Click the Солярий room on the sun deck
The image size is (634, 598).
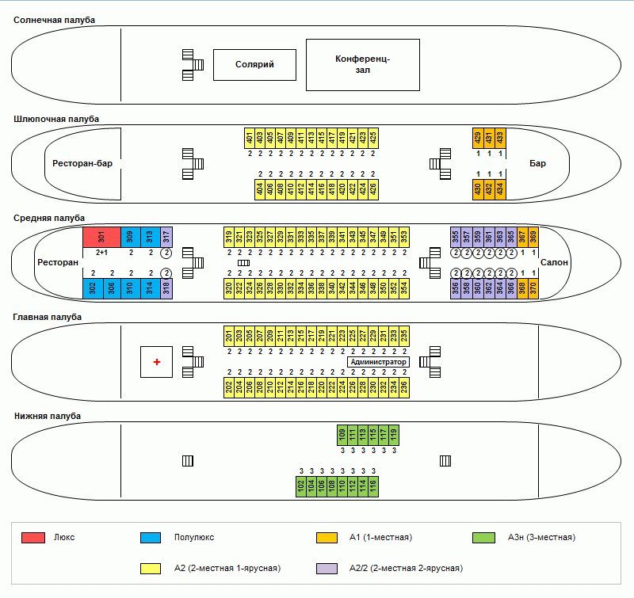(x=254, y=64)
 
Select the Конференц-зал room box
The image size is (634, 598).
(x=362, y=64)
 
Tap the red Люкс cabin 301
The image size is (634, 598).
(x=101, y=237)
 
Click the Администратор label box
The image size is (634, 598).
(x=378, y=362)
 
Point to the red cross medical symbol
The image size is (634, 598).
(x=157, y=362)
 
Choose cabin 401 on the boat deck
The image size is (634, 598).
(x=250, y=138)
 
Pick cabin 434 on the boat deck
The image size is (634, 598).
(x=499, y=189)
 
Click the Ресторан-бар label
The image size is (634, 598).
(x=82, y=164)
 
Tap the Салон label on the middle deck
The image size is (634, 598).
(x=554, y=263)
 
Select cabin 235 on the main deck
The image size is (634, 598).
(x=404, y=336)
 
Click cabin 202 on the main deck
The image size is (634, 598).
(x=228, y=387)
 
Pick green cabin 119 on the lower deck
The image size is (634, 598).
(x=394, y=435)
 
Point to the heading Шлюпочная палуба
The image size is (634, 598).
(x=56, y=120)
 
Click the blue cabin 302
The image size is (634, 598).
(x=93, y=288)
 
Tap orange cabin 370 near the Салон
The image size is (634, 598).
(x=533, y=288)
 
